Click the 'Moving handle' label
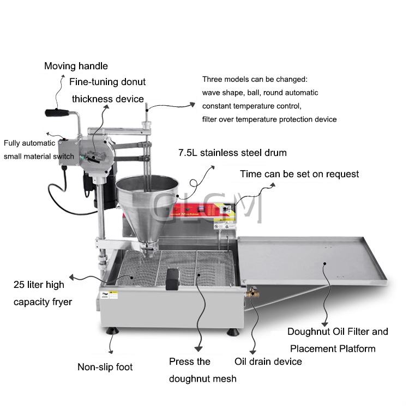(76, 66)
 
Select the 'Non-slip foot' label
(105, 367)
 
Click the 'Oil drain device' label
(268, 361)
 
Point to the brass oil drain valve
(252, 293)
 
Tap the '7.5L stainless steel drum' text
(232, 153)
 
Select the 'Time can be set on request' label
(299, 174)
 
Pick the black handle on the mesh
(174, 280)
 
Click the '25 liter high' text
(39, 285)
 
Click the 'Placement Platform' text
(333, 348)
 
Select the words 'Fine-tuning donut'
(107, 82)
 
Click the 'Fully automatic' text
(29, 143)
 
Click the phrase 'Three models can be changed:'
(255, 79)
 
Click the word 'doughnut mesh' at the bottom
(202, 378)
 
